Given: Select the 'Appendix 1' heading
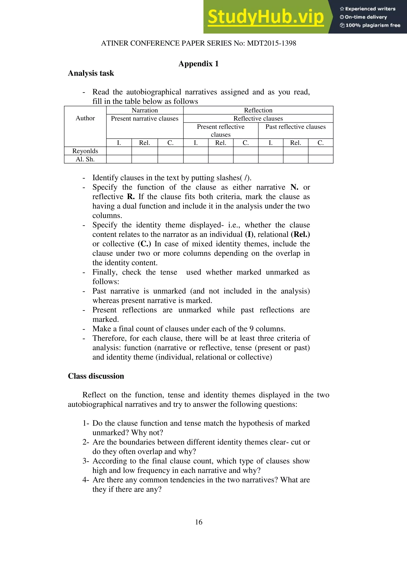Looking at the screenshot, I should [198, 64].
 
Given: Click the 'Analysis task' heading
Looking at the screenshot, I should [91, 73].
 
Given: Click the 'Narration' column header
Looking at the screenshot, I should [145, 110].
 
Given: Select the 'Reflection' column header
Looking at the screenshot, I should [258, 110].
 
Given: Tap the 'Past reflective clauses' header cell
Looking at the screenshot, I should [295, 127].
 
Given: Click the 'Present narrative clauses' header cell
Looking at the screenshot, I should [145, 119].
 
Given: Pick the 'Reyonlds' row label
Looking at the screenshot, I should [85, 151].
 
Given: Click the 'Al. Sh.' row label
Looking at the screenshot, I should [85, 159].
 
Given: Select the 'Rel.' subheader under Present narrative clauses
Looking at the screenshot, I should [144, 143].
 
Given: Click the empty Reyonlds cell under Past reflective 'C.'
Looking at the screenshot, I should [321, 151].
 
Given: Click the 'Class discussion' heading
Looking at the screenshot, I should [96, 376].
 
